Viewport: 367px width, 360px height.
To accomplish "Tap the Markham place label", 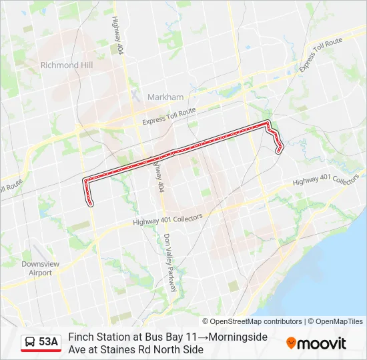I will point(165,97).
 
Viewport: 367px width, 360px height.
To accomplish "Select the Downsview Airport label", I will point(36,268).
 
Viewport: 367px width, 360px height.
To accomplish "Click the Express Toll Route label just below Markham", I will point(169,117).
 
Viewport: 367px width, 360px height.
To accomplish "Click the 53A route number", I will point(48,342).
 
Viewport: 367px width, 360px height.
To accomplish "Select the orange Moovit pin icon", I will point(291,343).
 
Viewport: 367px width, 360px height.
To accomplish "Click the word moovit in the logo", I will point(322,343).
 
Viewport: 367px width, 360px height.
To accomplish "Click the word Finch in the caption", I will point(81,337).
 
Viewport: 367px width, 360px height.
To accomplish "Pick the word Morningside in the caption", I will point(236,337).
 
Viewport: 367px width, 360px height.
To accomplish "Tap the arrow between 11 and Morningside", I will point(201,337).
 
